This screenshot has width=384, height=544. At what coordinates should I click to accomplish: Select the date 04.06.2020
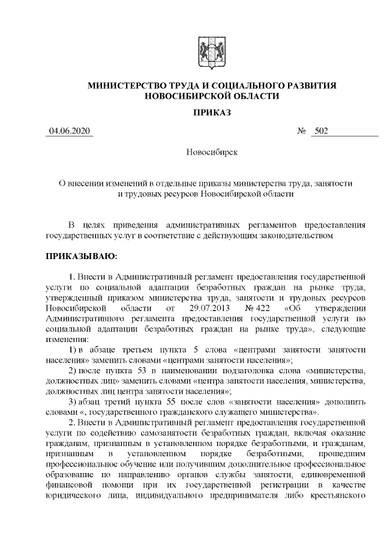70,131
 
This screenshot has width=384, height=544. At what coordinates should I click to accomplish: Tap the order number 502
320,131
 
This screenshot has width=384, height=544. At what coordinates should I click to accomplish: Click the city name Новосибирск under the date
212,152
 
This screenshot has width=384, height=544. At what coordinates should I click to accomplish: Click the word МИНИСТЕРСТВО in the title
131,86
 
